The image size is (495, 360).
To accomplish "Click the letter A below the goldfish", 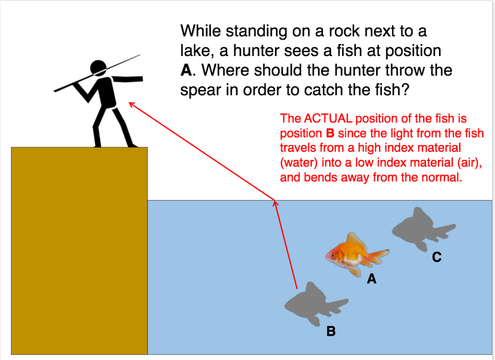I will click(x=371, y=279).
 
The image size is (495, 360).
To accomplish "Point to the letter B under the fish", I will click(x=331, y=331).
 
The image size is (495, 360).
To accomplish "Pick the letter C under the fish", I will click(x=437, y=258).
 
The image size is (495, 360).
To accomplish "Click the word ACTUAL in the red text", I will click(x=328, y=118).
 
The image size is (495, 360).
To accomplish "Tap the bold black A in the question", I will click(x=186, y=71).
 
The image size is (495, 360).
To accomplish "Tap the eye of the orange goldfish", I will click(x=332, y=255).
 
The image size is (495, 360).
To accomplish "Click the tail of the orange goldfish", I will click(x=380, y=255).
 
